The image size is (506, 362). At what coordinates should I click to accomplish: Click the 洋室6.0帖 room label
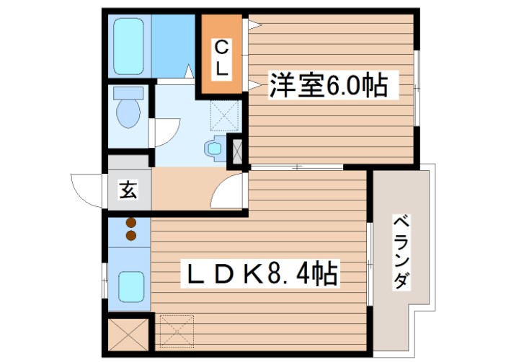[x=328, y=87]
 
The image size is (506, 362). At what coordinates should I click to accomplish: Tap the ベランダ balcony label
[x=401, y=252]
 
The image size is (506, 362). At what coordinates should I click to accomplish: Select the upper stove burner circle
[x=131, y=223]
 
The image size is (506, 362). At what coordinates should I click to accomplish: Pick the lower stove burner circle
[x=131, y=235]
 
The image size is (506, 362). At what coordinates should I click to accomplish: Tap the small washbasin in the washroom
[x=215, y=148]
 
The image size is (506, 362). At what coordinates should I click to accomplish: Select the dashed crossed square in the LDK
[x=177, y=330]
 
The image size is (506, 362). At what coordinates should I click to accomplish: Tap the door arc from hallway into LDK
[x=229, y=191]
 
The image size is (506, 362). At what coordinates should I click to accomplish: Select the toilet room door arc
[x=165, y=134]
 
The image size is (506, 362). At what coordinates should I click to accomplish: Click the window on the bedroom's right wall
[x=417, y=87]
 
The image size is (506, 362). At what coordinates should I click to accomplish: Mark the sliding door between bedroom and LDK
[x=297, y=167]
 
